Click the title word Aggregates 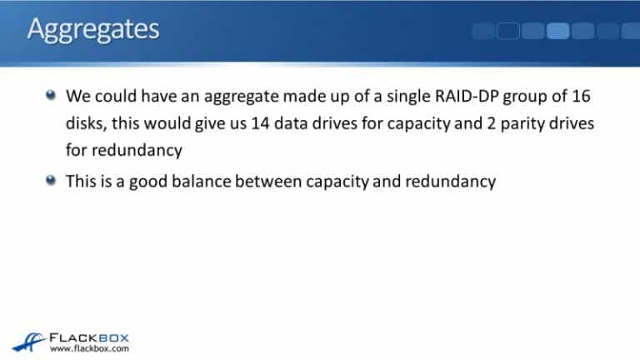point(92,29)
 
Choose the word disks point(85,123)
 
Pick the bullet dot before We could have point(52,95)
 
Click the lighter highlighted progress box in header point(557,31)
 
